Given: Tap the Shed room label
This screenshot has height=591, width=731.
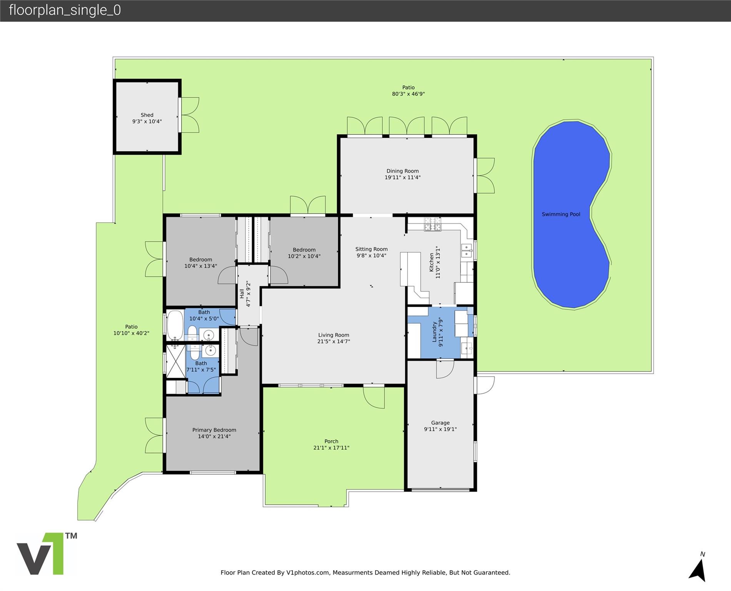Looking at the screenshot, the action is (147, 115).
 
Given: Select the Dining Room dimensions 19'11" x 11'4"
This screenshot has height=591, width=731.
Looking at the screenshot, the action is (402, 178).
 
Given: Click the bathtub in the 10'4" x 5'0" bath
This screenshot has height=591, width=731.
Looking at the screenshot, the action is (175, 326).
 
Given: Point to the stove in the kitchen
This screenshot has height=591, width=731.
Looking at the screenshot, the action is (432, 224).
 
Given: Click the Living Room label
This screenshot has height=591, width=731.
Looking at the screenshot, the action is (334, 335).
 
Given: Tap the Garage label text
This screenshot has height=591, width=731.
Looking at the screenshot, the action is (440, 423).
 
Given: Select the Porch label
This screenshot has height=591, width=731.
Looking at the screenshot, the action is (331, 441).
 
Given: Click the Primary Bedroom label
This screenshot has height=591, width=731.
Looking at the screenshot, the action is (214, 430).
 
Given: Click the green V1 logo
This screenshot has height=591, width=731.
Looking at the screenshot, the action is (47, 554).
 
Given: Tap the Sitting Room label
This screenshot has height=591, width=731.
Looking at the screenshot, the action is (371, 249).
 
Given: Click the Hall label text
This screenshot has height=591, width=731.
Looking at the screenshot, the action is (242, 294).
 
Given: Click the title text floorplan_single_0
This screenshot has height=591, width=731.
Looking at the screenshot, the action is (65, 10).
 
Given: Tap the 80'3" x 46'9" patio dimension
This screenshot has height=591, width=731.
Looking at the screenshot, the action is (408, 94).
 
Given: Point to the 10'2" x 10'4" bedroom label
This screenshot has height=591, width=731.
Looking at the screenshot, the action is (304, 253).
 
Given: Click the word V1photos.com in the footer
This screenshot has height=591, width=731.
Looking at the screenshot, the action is (308, 573).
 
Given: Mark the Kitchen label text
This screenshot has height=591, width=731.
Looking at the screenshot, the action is (431, 262).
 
